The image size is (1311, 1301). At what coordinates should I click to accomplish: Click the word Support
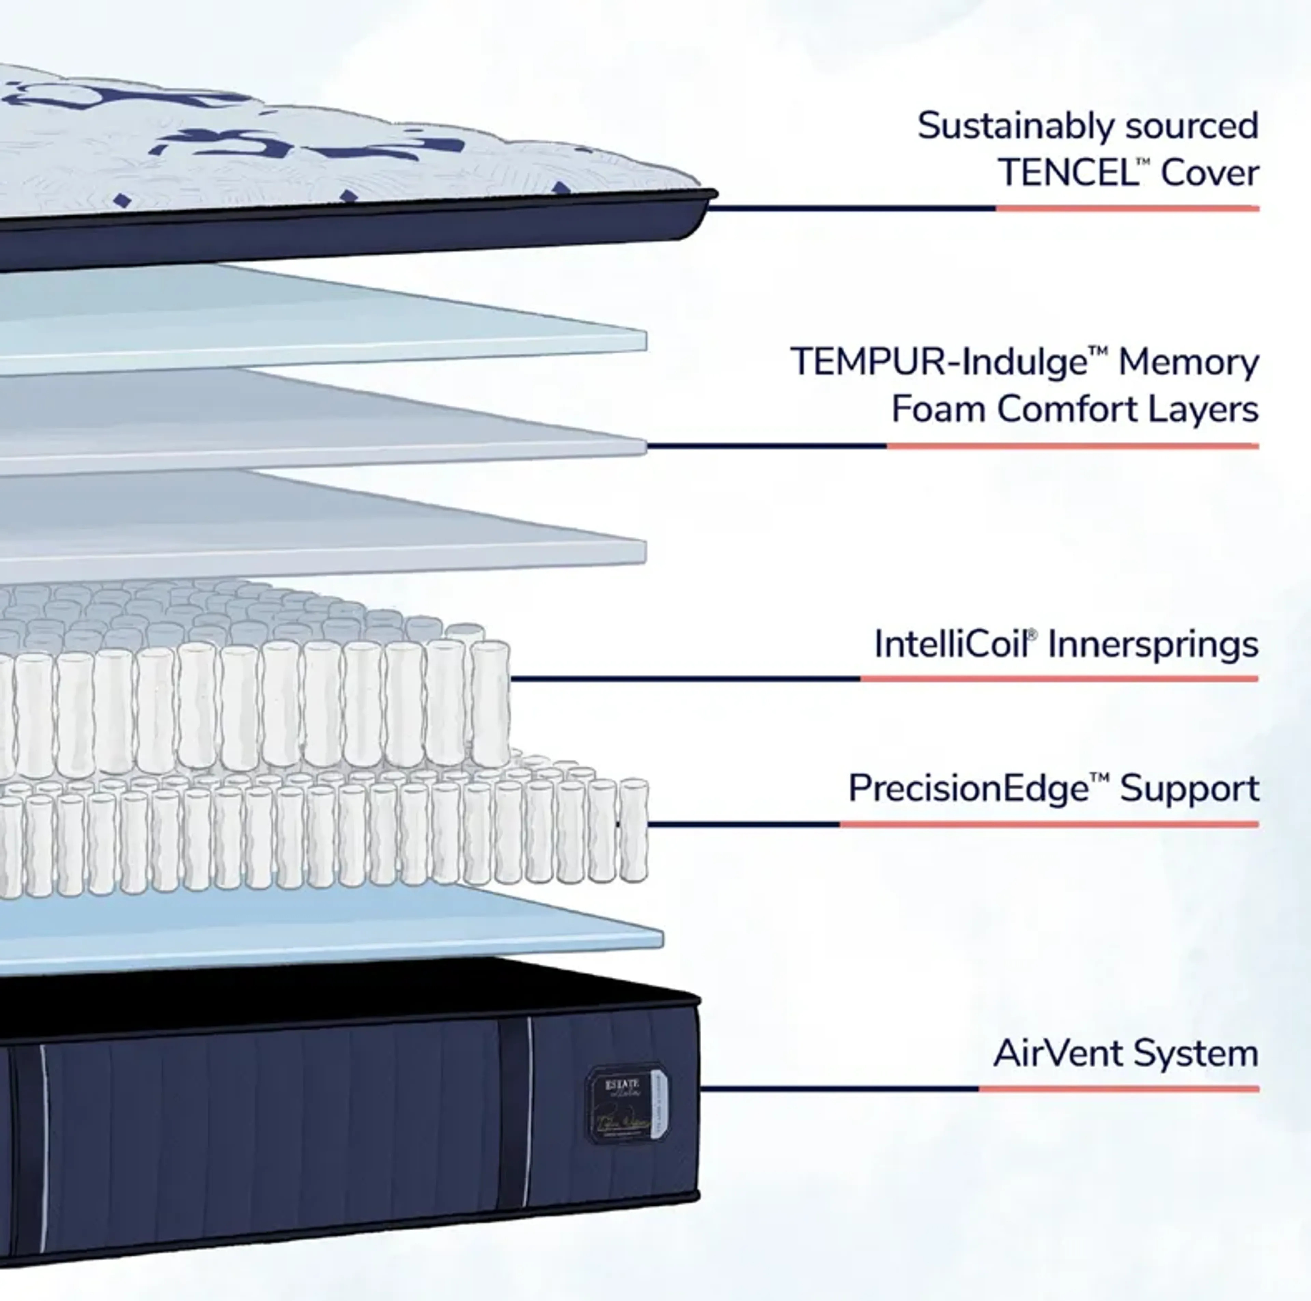tap(1189, 789)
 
